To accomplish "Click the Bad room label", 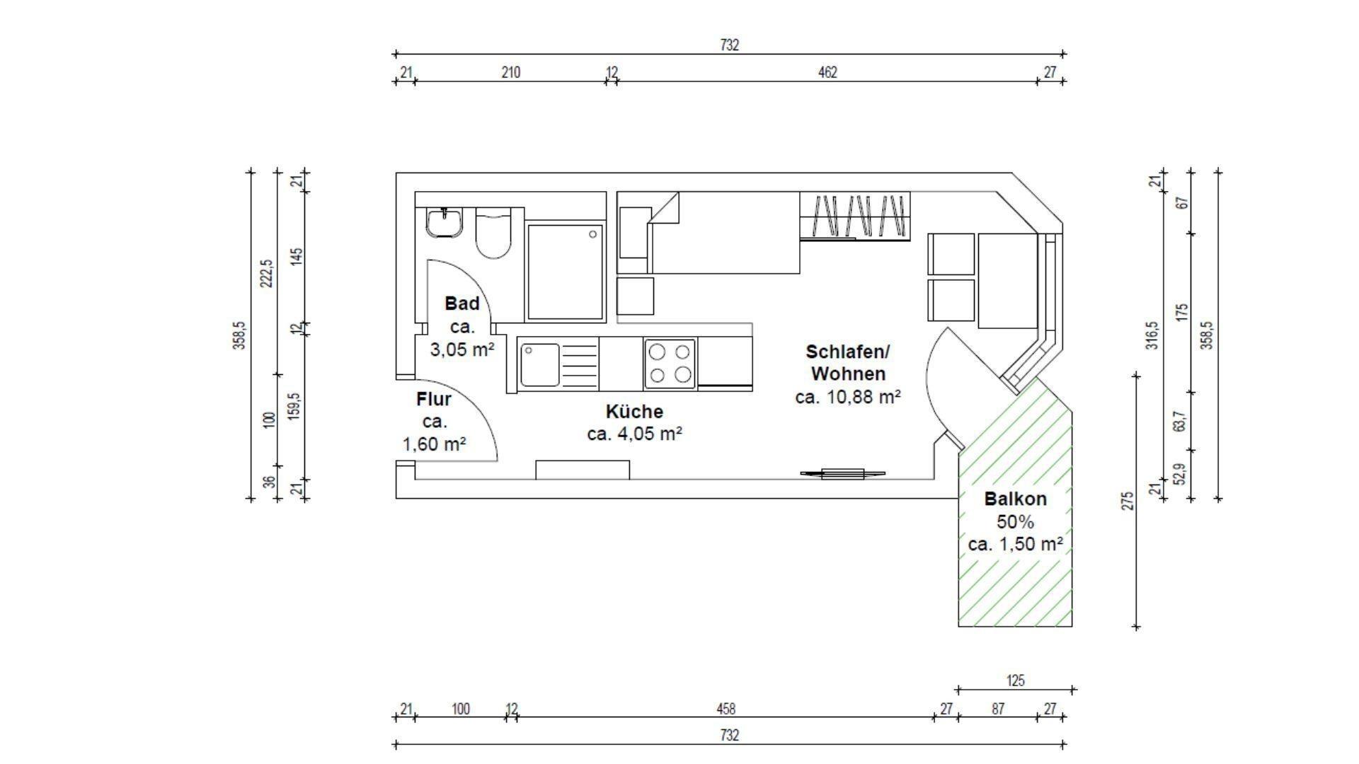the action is coord(461,303).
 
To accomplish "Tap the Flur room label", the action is coord(433,400).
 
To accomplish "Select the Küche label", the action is coord(634,411).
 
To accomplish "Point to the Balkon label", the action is coord(1015,499).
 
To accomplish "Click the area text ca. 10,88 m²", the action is coord(848,397).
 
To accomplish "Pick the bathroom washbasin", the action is coord(445,223).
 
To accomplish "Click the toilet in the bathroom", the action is coord(493,234).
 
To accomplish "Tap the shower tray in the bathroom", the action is coord(565,272).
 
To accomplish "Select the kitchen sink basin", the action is coord(539,364).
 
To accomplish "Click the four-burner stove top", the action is coord(670,364).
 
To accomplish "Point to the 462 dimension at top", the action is coord(827,72).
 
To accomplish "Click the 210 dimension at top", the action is coord(510,72).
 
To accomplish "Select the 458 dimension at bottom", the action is coord(726,708).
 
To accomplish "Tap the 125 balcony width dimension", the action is coord(1015,681).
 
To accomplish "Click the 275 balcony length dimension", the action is coord(1128,501).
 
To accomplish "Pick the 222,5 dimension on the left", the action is coord(266,274).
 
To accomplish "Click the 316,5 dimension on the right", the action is coord(1153,335).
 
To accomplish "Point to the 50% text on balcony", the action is coord(1015,522).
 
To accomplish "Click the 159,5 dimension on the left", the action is coord(294,407).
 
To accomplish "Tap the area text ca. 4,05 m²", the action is coord(634,434).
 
